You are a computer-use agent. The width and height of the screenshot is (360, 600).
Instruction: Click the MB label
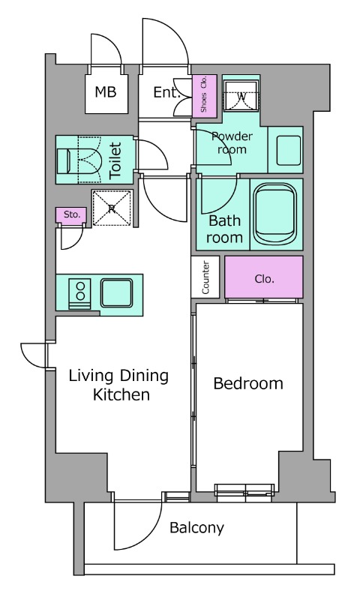pyautogui.click(x=106, y=91)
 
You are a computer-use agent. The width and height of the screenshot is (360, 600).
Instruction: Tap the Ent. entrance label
pyautogui.click(x=166, y=92)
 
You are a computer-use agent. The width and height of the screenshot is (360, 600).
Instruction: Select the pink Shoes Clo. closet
pyautogui.click(x=204, y=95)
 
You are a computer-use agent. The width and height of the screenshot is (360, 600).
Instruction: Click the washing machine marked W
pyautogui.click(x=241, y=95)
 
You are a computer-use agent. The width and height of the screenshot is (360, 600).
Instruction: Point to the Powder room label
pyautogui.click(x=232, y=142)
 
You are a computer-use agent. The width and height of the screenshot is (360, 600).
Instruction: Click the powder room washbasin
pyautogui.click(x=288, y=151)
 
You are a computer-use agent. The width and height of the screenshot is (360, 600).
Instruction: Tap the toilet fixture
pyautogui.click(x=79, y=160)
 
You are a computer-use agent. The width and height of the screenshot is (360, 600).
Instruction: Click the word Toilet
pyautogui.click(x=115, y=160)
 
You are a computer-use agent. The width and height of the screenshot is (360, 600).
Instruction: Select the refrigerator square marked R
pyautogui.click(x=112, y=208)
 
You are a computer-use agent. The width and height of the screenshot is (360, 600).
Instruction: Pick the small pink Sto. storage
pyautogui.click(x=71, y=215)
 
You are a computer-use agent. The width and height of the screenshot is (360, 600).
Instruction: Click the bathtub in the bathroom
pyautogui.click(x=274, y=214)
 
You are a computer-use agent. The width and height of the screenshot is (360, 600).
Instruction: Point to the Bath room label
pyautogui.click(x=224, y=229)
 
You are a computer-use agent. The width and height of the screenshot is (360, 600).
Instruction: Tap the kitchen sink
pyautogui.click(x=117, y=292)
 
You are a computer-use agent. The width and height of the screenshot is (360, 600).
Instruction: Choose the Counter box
pyautogui.click(x=205, y=277)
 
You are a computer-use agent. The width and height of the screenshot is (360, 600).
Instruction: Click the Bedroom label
pyautogui.click(x=248, y=383)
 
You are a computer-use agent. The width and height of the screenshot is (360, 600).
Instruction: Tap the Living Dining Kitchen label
pyautogui.click(x=119, y=385)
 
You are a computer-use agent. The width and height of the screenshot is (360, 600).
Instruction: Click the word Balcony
pyautogui.click(x=196, y=528)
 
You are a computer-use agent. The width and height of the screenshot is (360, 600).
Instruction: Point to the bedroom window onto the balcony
pyautogui.click(x=244, y=493)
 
